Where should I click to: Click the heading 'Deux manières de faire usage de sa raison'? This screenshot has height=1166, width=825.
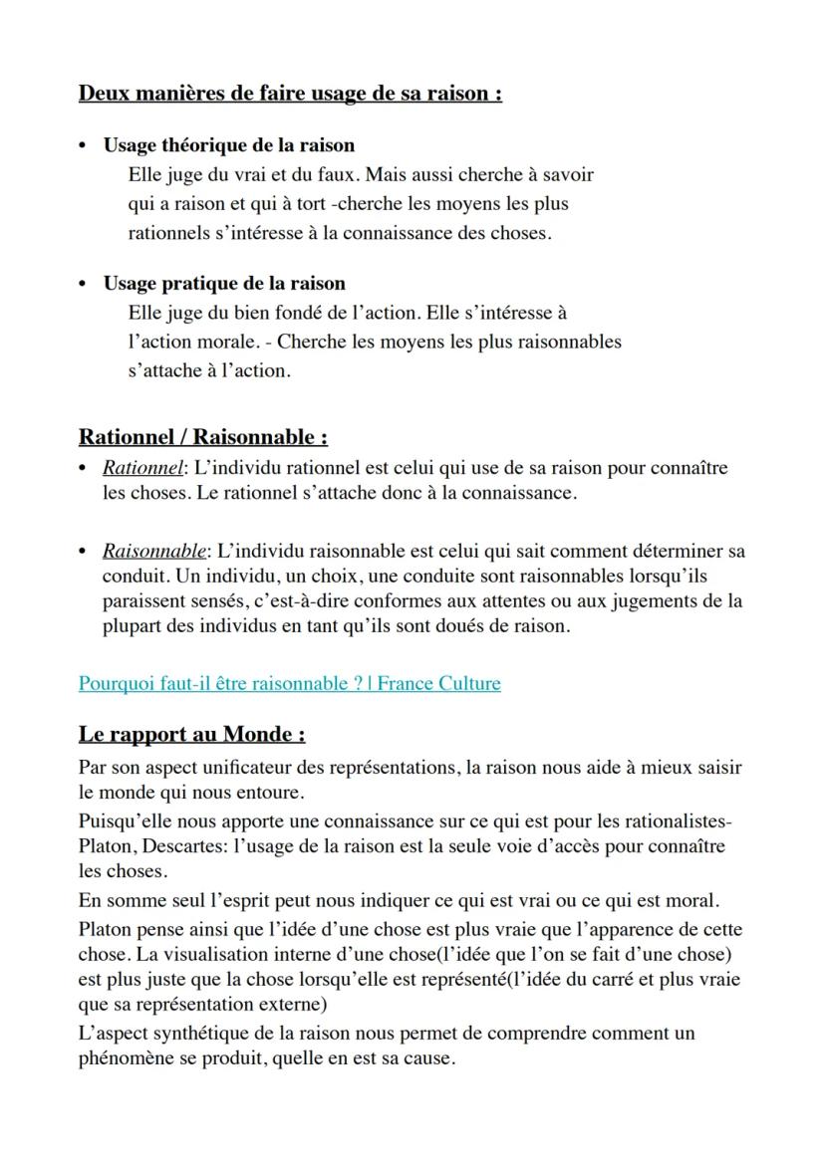pos(289,94)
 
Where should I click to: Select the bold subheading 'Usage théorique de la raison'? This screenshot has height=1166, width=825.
pos(228,145)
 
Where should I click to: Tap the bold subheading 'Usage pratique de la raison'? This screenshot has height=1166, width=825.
pos(224,283)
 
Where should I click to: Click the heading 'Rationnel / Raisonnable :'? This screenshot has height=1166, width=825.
pos(203,436)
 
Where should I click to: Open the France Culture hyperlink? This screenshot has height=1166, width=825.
pos(289,683)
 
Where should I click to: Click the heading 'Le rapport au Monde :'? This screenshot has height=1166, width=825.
pos(191,734)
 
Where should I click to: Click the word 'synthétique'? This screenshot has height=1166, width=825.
pos(210,1033)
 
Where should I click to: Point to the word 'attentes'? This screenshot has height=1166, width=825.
pos(507,601)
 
